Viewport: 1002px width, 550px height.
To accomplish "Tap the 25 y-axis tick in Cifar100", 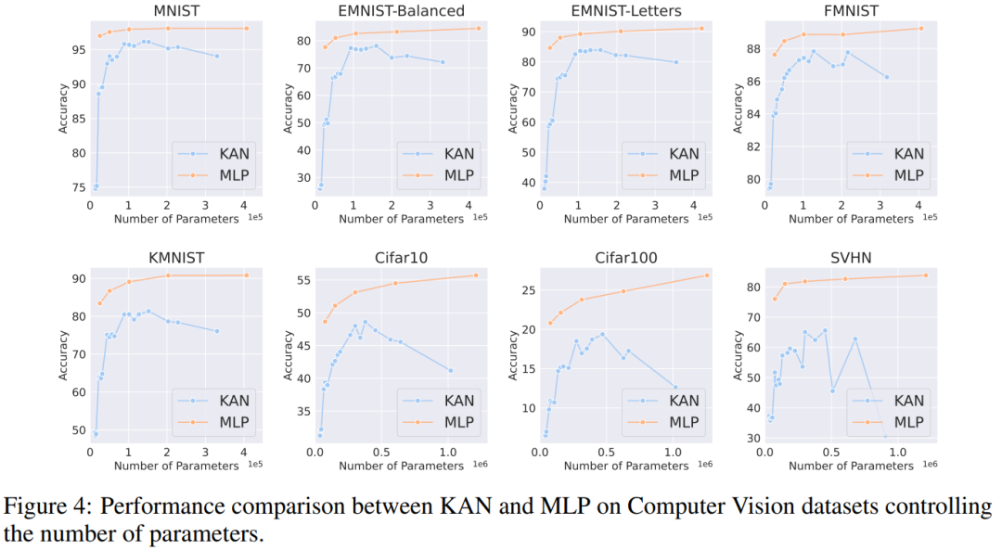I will [x=526, y=290].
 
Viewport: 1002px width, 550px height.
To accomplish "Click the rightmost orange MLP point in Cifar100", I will [x=706, y=275].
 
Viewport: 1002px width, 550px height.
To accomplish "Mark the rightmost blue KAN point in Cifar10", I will [x=451, y=370].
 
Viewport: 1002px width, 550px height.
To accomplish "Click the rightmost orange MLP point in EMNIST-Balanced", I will [x=479, y=28].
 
